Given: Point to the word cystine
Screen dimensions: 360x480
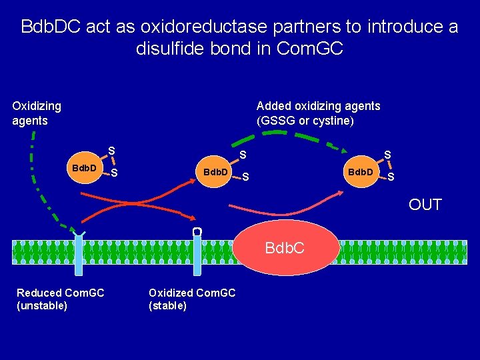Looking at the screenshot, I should pyautogui.click(x=331, y=121).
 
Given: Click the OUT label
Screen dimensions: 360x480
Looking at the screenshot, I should pyautogui.click(x=425, y=205).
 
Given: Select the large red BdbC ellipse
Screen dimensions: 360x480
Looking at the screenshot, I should pyautogui.click(x=285, y=248).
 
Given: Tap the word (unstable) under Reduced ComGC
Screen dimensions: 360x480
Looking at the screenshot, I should pyautogui.click(x=42, y=305).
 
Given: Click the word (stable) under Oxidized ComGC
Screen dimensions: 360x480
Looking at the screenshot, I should pyautogui.click(x=167, y=305).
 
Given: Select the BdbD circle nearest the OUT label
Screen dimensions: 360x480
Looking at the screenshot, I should pyautogui.click(x=361, y=172).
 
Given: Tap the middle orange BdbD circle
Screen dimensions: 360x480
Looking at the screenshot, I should pyautogui.click(x=215, y=172).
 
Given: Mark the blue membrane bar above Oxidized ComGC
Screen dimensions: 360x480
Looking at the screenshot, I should pyautogui.click(x=197, y=257).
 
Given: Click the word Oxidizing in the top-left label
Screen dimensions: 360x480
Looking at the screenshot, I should pyautogui.click(x=37, y=106).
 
